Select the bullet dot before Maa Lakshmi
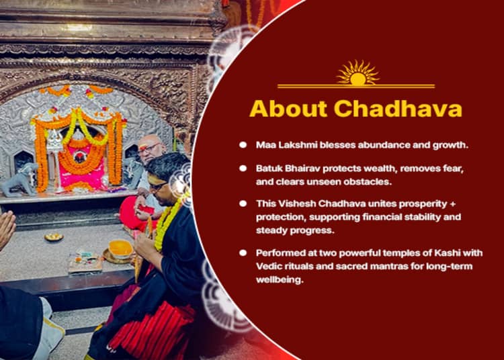click(x=243, y=144)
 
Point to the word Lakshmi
click(x=296, y=144)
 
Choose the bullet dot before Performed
click(x=243, y=253)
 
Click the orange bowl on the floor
click(x=120, y=249)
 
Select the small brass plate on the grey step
click(x=54, y=236)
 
